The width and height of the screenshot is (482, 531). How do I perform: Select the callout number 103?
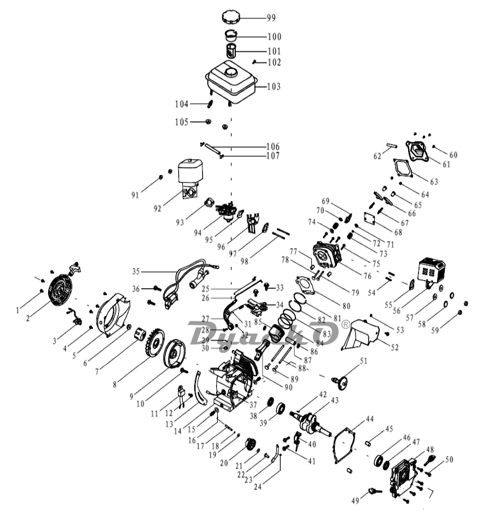[x=274, y=86]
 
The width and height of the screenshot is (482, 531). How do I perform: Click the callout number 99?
[x=271, y=18]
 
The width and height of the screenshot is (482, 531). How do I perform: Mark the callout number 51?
[x=363, y=360]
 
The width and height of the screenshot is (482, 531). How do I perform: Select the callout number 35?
[x=136, y=271]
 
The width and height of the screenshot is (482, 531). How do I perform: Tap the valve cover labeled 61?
[x=417, y=150]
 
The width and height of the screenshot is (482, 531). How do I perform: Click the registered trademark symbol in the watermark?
[x=345, y=324]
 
